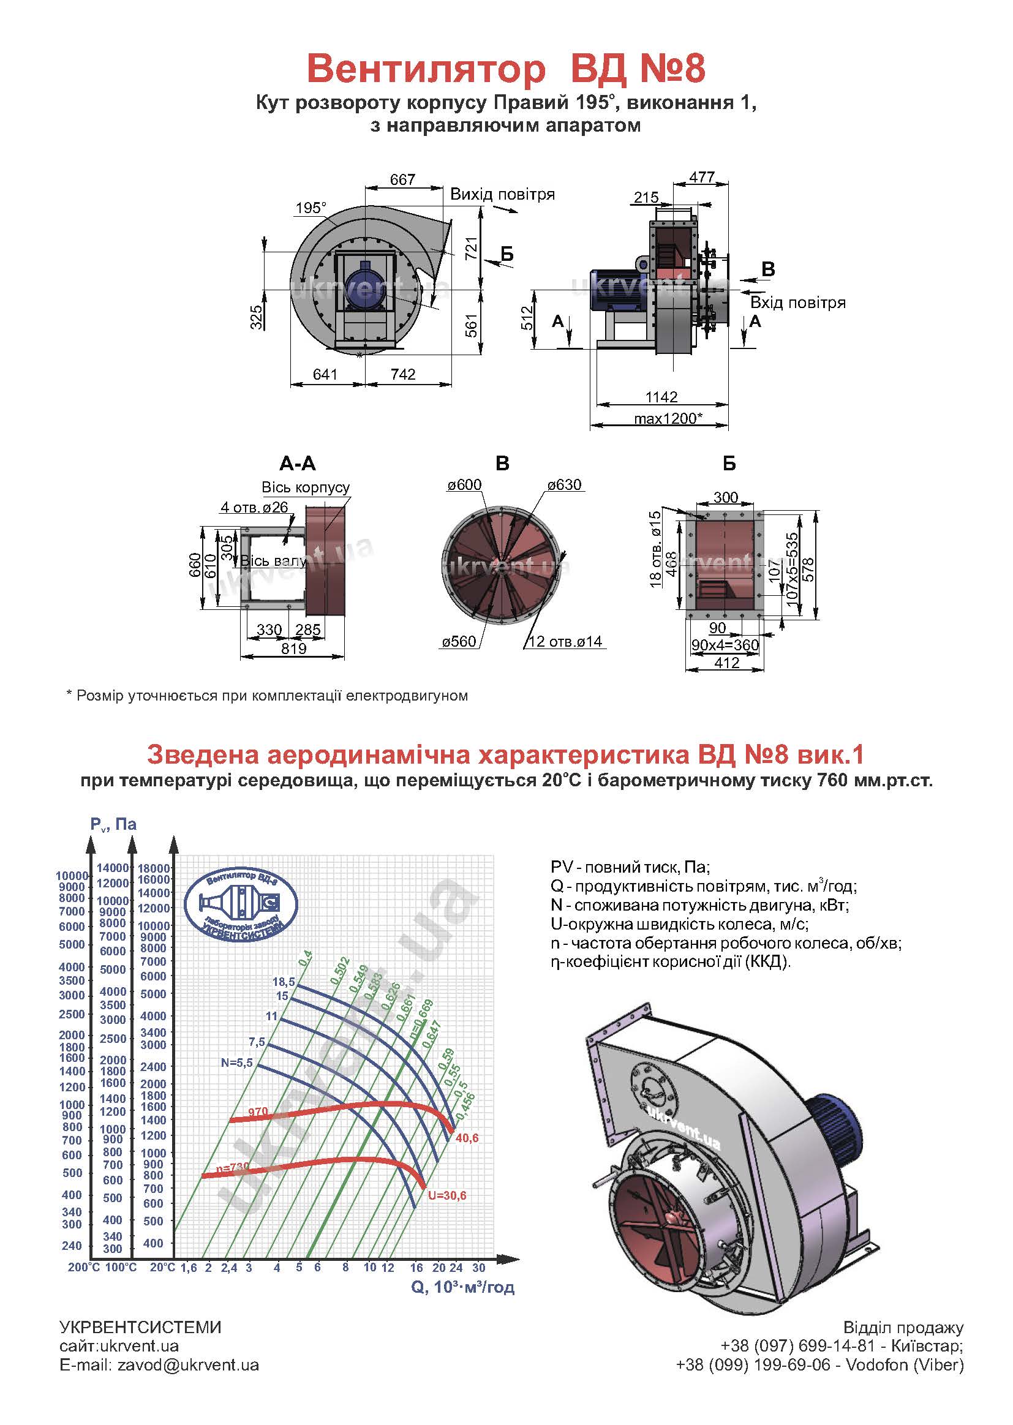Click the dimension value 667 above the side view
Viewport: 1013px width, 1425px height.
[402, 179]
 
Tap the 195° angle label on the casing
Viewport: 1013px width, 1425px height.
[311, 208]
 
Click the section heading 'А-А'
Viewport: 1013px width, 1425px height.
[298, 464]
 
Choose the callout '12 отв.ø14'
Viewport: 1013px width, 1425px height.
[566, 642]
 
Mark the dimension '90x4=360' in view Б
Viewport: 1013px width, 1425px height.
[725, 645]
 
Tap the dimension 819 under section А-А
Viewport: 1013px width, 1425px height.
[293, 649]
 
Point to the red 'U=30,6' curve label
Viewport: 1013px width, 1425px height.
[446, 1195]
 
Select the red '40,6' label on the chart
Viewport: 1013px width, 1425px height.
[467, 1138]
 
